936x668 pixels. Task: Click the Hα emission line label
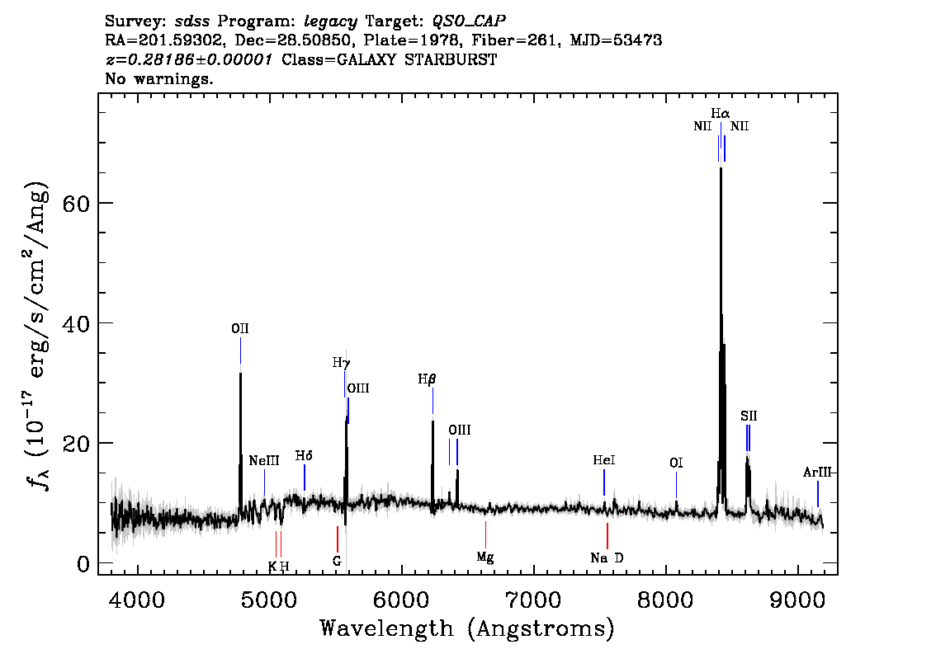[x=720, y=113]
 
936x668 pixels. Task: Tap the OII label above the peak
[x=240, y=328]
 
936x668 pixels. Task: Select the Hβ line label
[x=427, y=379]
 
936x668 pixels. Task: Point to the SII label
[x=749, y=416]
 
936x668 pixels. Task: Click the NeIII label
[x=264, y=460]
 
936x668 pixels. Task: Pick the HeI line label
[x=604, y=460]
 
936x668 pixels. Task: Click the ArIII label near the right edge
[x=816, y=473]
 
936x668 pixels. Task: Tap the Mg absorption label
[x=485, y=557]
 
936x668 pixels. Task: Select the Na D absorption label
[x=607, y=558]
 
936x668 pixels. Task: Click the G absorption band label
[x=337, y=562]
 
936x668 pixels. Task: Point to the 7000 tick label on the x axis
[x=534, y=599]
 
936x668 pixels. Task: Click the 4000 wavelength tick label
[x=137, y=599]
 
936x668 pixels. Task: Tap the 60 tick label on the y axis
[x=76, y=204]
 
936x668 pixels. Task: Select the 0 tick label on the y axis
[x=83, y=563]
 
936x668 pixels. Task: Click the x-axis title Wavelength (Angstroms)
[x=467, y=628]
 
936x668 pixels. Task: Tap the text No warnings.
[x=158, y=78]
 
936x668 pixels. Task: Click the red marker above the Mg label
[x=485, y=534]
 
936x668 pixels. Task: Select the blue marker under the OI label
[x=676, y=485]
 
